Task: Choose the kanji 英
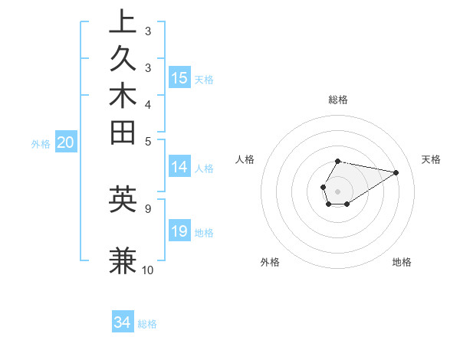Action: pos(123,199)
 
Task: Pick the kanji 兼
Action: pos(123,260)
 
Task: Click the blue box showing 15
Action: pos(179,77)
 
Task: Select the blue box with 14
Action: pos(179,168)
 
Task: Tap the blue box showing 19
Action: pos(179,231)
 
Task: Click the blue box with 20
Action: pos(66,142)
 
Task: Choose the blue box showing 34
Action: pos(123,322)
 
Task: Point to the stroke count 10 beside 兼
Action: pos(148,270)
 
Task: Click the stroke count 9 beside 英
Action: pos(148,208)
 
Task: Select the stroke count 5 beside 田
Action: pos(148,141)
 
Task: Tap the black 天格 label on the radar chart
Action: pos(431,159)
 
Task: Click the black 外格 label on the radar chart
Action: pos(270,262)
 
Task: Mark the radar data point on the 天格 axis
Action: pos(396,172)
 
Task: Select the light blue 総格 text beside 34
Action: pos(148,324)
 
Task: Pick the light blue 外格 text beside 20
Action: pos(41,143)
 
